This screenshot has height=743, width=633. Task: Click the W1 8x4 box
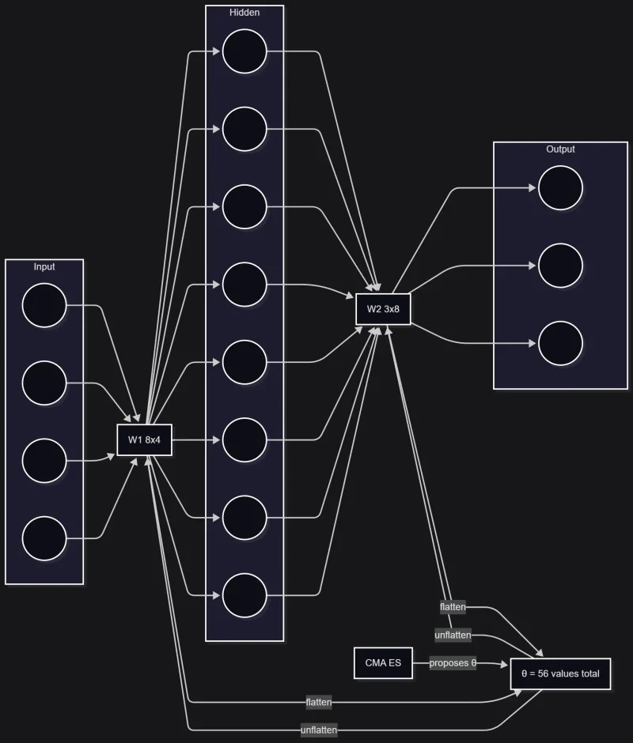(144, 439)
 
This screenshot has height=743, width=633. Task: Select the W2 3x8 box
(383, 309)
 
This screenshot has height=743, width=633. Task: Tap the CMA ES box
(383, 663)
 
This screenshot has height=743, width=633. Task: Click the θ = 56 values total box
(560, 674)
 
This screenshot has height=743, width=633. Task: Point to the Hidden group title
(244, 13)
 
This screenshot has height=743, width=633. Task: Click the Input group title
(44, 266)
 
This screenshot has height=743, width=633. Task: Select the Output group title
(560, 149)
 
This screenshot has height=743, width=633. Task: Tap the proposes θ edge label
(453, 663)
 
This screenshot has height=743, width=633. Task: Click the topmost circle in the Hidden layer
(244, 51)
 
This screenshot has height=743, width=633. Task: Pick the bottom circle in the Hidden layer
(244, 596)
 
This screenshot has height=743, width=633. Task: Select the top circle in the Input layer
(44, 305)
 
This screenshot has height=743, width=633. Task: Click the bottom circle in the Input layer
(44, 538)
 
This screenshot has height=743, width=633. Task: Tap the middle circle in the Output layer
(560, 266)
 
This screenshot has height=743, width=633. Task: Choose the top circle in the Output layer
(560, 188)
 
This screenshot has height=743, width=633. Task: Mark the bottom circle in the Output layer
(560, 344)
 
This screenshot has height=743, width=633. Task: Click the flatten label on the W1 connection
(318, 702)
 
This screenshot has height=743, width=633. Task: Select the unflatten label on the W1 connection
(318, 730)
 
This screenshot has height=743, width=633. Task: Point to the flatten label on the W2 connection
(453, 607)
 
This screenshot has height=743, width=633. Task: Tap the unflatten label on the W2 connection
(453, 636)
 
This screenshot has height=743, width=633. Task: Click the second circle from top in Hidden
(244, 129)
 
